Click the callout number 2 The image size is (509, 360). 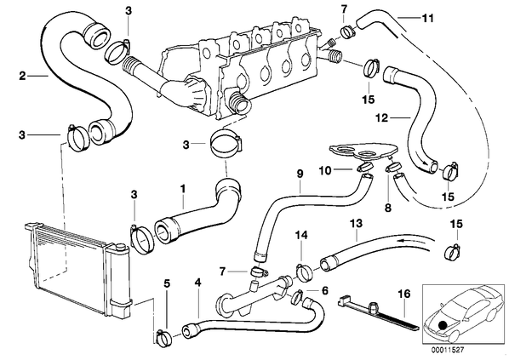[22, 77]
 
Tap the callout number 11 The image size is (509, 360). [428, 18]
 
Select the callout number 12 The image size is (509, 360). [382, 117]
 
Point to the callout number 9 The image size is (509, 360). [300, 174]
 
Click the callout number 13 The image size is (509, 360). [356, 224]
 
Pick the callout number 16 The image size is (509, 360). [405, 294]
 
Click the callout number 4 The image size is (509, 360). [197, 283]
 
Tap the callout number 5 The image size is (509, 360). [167, 283]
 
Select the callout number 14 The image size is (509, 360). [301, 235]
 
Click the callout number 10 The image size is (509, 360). [325, 170]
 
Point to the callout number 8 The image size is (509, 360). [388, 208]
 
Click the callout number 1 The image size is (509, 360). [183, 189]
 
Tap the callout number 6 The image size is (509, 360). [324, 290]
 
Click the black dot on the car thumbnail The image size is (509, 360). [442, 326]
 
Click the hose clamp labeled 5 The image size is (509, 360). [163, 337]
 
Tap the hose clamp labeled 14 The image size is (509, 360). [304, 272]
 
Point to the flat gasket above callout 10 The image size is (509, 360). [363, 151]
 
